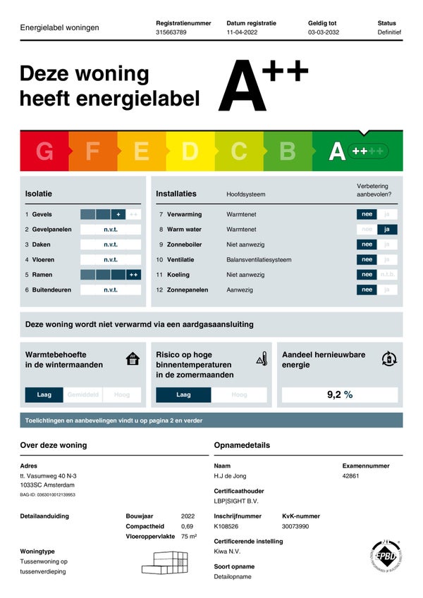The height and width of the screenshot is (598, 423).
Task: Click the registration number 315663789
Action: (171, 32)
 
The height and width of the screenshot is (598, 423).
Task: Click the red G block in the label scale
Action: (44, 151)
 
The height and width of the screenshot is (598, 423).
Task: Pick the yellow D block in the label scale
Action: (190, 151)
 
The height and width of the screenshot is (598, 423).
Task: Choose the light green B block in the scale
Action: (288, 151)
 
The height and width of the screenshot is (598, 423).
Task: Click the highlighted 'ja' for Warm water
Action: (387, 229)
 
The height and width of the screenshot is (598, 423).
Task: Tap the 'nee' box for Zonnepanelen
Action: (367, 289)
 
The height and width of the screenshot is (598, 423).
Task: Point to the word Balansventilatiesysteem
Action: (259, 259)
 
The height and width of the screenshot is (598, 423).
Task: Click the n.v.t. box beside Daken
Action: (111, 244)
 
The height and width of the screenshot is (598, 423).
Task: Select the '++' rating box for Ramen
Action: (133, 275)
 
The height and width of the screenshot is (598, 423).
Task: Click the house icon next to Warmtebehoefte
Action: (133, 359)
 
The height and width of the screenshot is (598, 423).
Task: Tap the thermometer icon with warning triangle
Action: (262, 359)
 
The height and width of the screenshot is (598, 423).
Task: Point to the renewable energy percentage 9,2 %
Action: (340, 394)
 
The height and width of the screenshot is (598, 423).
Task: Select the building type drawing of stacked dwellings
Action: (166, 561)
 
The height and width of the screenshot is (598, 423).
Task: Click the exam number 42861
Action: (351, 476)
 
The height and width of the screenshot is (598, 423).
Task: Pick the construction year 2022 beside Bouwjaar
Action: (188, 516)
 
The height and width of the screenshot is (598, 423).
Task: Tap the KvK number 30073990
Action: (296, 526)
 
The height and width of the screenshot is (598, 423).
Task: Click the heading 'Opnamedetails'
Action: (242, 445)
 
